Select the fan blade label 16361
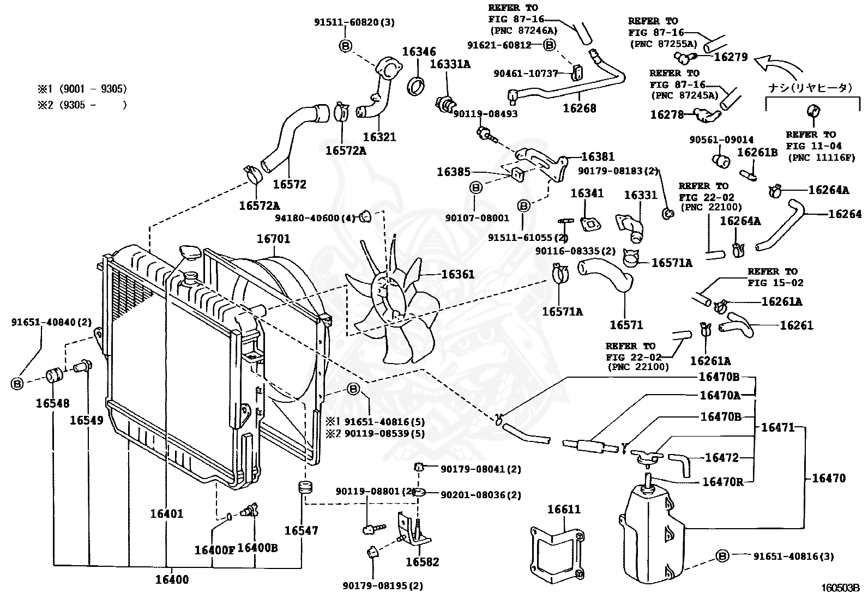click(457, 274)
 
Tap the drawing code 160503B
click(840, 588)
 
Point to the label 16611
click(564, 509)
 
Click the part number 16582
click(422, 562)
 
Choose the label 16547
click(301, 530)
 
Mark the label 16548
click(53, 403)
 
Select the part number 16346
click(419, 52)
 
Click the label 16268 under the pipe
click(579, 108)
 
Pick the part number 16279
click(731, 57)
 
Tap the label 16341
click(587, 193)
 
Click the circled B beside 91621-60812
click(550, 45)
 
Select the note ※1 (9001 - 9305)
click(81, 89)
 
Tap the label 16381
click(598, 157)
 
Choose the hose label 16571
click(626, 325)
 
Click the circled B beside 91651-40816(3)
click(722, 556)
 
